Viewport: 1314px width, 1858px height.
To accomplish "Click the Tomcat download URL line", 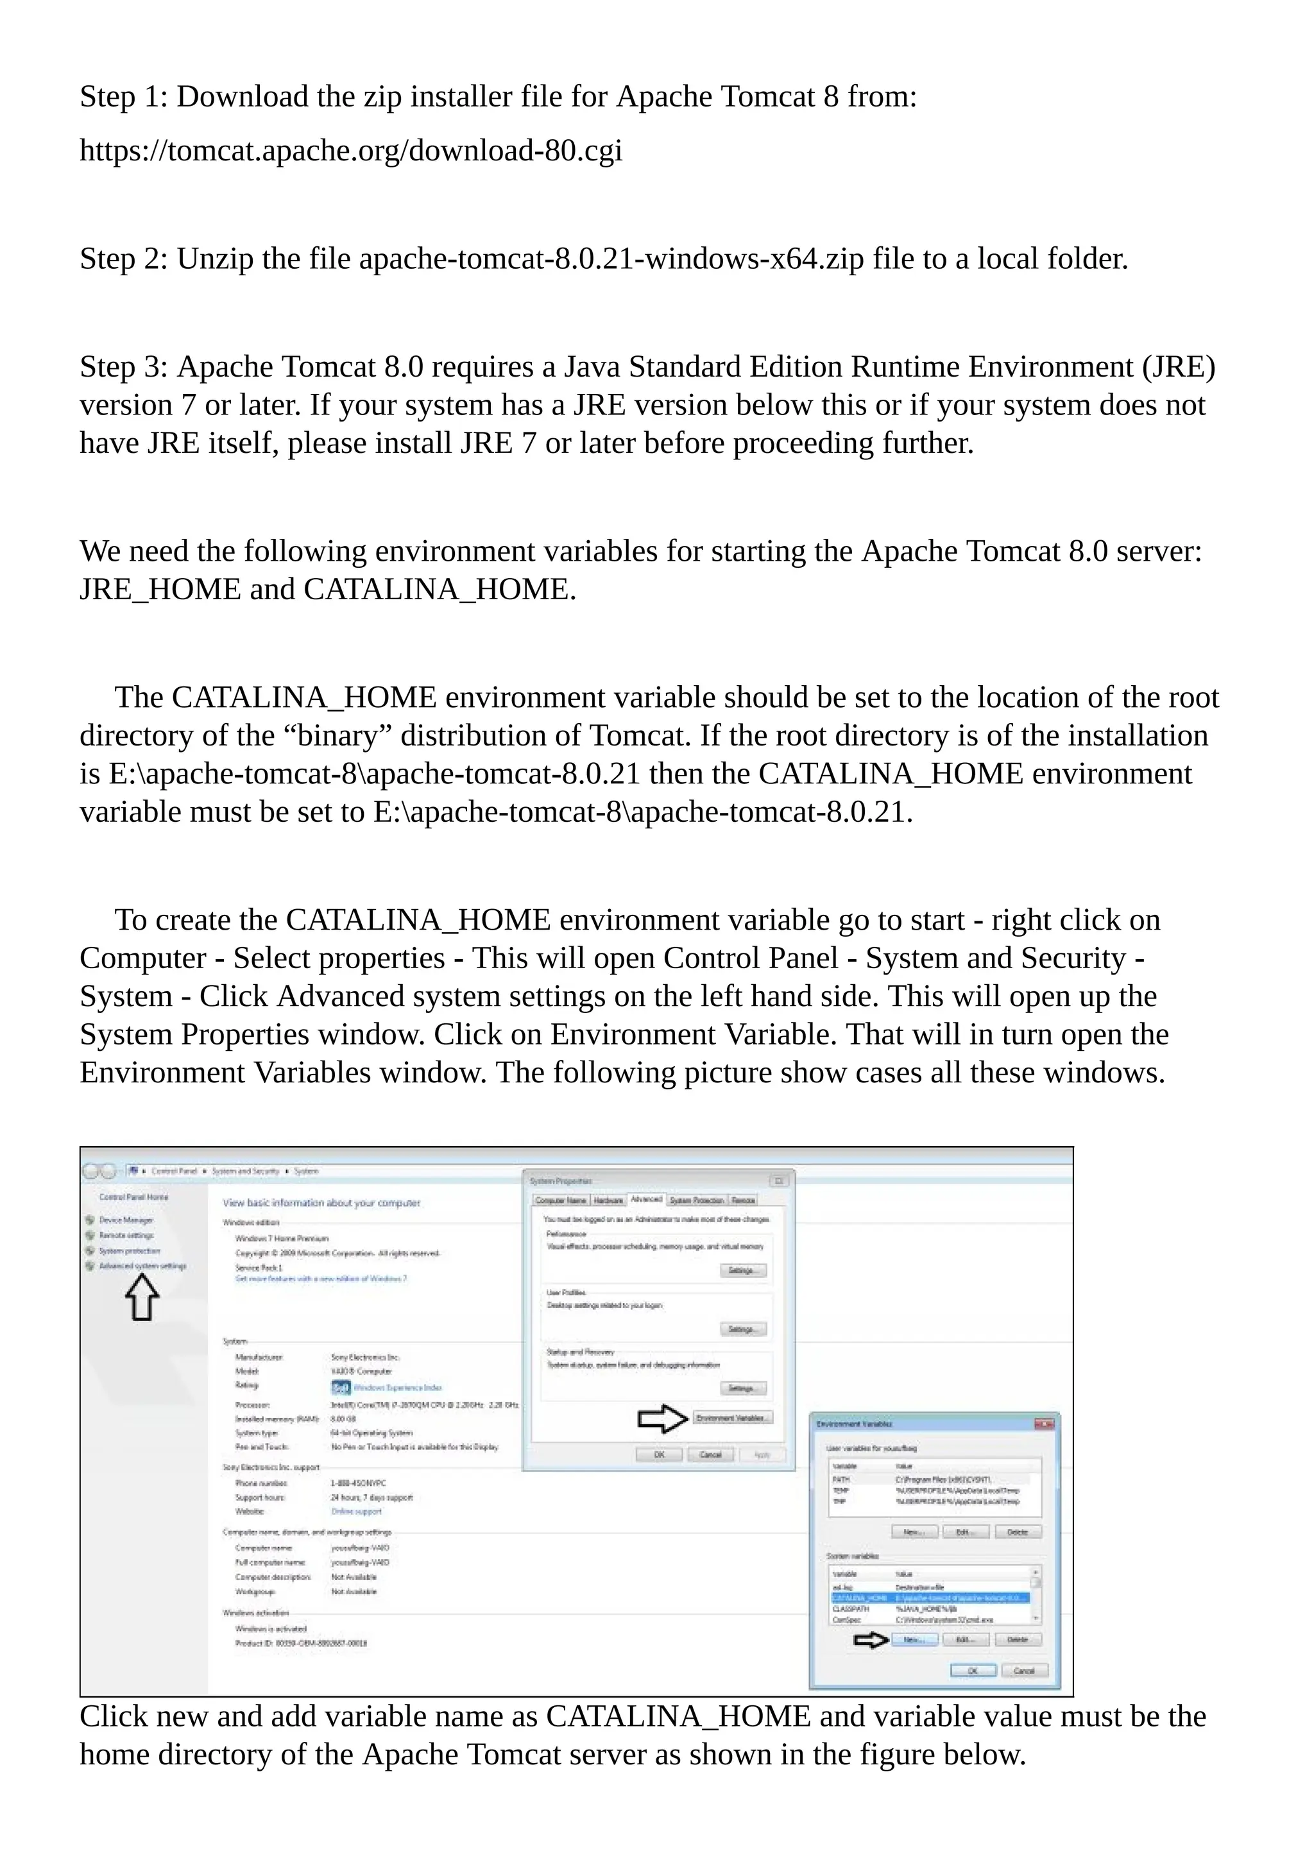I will [x=350, y=151].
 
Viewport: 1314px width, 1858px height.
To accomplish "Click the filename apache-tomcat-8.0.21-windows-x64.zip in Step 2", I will [x=611, y=259].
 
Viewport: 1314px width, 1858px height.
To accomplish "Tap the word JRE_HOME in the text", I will [x=160, y=589].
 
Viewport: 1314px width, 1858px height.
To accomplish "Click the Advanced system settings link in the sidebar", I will [x=142, y=1266].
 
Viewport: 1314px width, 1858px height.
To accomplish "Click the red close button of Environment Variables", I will [x=1045, y=1424].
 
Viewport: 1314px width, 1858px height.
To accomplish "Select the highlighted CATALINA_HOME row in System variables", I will [x=929, y=1598].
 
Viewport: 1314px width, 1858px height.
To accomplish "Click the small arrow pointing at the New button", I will [x=871, y=1641].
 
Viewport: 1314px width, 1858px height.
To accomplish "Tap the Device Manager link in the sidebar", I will [x=125, y=1220].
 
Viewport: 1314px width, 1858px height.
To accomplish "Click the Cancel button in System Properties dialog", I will [x=710, y=1455].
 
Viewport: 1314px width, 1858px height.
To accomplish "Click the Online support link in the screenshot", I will [x=356, y=1512].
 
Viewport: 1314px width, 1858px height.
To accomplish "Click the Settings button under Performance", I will [x=741, y=1270].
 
